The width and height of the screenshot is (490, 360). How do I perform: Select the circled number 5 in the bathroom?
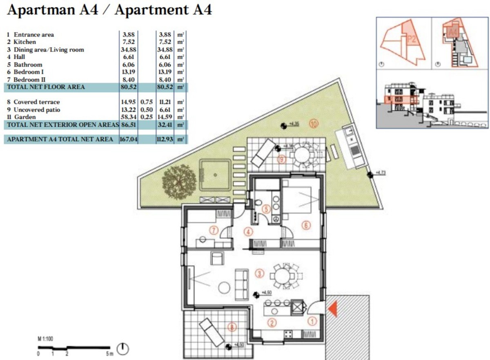266,209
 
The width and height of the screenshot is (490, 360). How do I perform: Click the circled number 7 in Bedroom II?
213,230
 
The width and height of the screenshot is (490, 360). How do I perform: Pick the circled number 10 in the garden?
314,124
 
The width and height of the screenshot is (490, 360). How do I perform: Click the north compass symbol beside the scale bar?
123,349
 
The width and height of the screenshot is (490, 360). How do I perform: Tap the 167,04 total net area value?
128,140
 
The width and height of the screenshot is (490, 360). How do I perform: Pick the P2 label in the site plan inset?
412,40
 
